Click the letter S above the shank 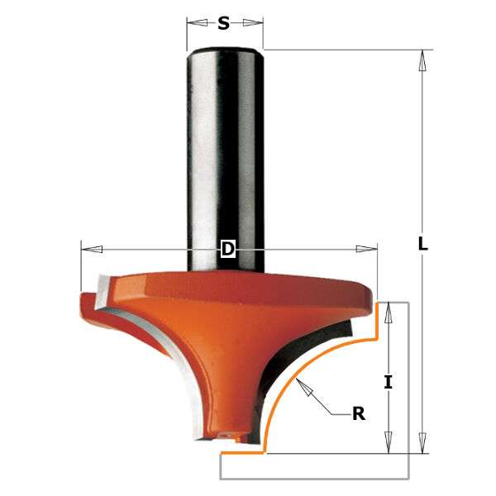223,24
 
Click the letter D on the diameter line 229,249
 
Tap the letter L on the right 423,244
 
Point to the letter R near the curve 359,413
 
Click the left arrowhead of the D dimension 88,249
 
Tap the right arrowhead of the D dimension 370,249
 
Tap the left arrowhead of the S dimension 193,24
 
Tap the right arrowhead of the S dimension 257,24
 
